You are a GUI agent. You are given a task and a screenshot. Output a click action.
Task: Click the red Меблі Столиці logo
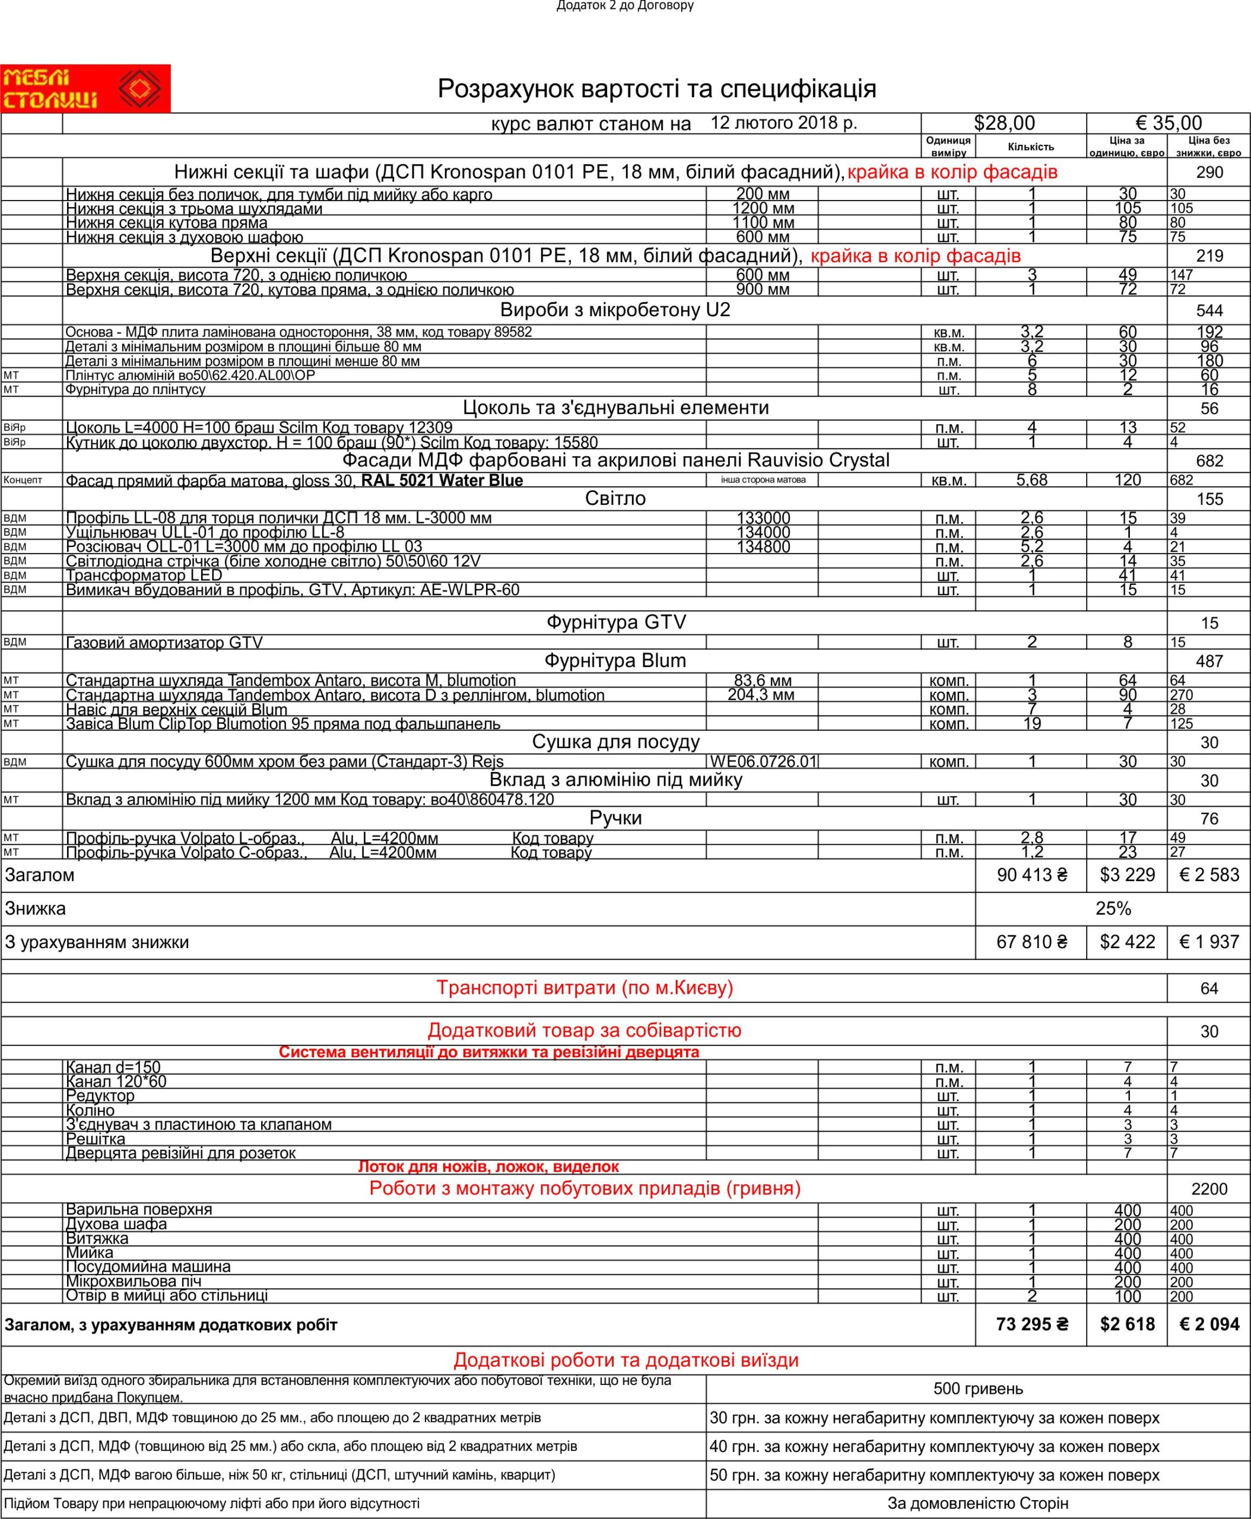[85, 88]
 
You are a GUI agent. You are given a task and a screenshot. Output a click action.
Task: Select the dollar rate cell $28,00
[1004, 123]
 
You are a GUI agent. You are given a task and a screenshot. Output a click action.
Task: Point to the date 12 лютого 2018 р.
[783, 122]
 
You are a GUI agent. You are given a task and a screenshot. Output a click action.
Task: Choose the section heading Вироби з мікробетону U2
[615, 310]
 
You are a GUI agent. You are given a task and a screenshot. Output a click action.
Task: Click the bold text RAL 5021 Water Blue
[442, 481]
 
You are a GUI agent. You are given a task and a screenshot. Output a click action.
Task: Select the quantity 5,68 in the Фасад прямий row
[1031, 480]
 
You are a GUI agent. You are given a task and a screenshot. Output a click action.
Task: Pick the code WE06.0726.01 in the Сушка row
[763, 762]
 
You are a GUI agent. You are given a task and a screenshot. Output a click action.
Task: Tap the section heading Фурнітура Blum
[615, 661]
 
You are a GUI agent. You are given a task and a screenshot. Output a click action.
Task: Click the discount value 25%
[1113, 908]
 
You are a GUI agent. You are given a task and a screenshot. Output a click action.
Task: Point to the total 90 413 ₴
[1031, 875]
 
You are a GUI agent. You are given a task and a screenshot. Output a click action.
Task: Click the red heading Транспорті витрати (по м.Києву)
[585, 988]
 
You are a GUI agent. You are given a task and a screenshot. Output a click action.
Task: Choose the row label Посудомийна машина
[148, 1266]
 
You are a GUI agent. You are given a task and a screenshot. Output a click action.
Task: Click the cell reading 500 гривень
[978, 1388]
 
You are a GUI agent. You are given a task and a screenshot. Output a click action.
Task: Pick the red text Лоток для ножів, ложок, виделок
[488, 1167]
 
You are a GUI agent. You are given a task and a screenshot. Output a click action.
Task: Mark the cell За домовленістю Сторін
[978, 1504]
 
